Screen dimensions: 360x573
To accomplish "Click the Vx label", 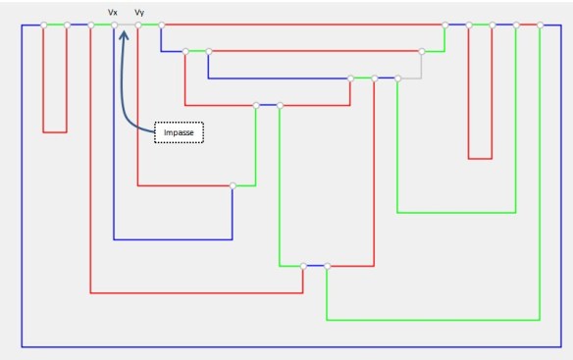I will point(113,12).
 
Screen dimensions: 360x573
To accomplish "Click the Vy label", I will point(139,12).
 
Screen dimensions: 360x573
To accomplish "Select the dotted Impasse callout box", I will point(179,132).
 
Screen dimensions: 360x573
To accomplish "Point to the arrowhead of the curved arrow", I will point(124,32).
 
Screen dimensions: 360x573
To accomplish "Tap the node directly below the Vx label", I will point(114,25).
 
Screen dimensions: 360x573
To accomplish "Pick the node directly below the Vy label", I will point(138,25).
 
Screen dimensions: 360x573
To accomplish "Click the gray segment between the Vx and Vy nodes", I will point(126,25).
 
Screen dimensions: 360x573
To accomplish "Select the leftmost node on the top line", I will point(43,25).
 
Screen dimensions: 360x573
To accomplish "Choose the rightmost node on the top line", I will point(540,25).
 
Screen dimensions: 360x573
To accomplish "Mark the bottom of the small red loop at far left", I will point(55,131).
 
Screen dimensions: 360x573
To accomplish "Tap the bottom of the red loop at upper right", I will point(480,158).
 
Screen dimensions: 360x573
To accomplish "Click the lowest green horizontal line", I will point(432,320).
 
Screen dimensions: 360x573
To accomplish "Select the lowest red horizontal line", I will point(196,292).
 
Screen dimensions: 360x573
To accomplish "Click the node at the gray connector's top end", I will point(422,50).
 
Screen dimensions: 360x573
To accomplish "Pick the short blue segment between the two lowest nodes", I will point(315,265).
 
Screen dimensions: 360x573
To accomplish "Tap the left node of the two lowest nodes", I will point(303,265).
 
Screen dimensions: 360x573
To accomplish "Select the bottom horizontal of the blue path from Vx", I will point(173,239).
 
